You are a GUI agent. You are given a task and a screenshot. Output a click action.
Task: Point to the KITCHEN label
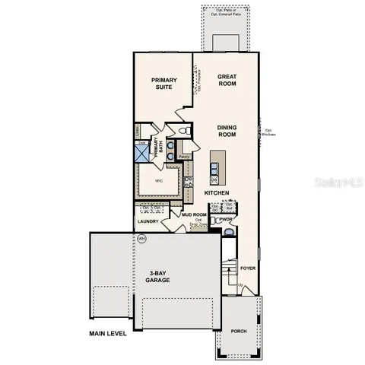pyautogui.click(x=217, y=194)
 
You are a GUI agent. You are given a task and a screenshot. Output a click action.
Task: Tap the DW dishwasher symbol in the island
pyautogui.click(x=214, y=179)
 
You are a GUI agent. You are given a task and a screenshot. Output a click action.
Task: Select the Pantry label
pyautogui.click(x=184, y=157)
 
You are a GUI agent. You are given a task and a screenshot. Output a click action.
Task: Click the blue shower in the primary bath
pyautogui.click(x=142, y=153)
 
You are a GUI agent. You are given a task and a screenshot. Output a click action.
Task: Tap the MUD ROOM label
pyautogui.click(x=195, y=215)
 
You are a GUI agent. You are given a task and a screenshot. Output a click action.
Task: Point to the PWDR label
pyautogui.click(x=226, y=220)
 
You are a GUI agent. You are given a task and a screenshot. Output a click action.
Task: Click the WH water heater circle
pyautogui.click(x=141, y=238)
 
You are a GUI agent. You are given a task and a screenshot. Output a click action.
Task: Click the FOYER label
pyautogui.click(x=248, y=268)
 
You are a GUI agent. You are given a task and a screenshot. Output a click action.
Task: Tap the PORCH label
pyautogui.click(x=240, y=331)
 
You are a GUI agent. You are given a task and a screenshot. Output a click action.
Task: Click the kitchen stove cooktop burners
pyautogui.click(x=188, y=181)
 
